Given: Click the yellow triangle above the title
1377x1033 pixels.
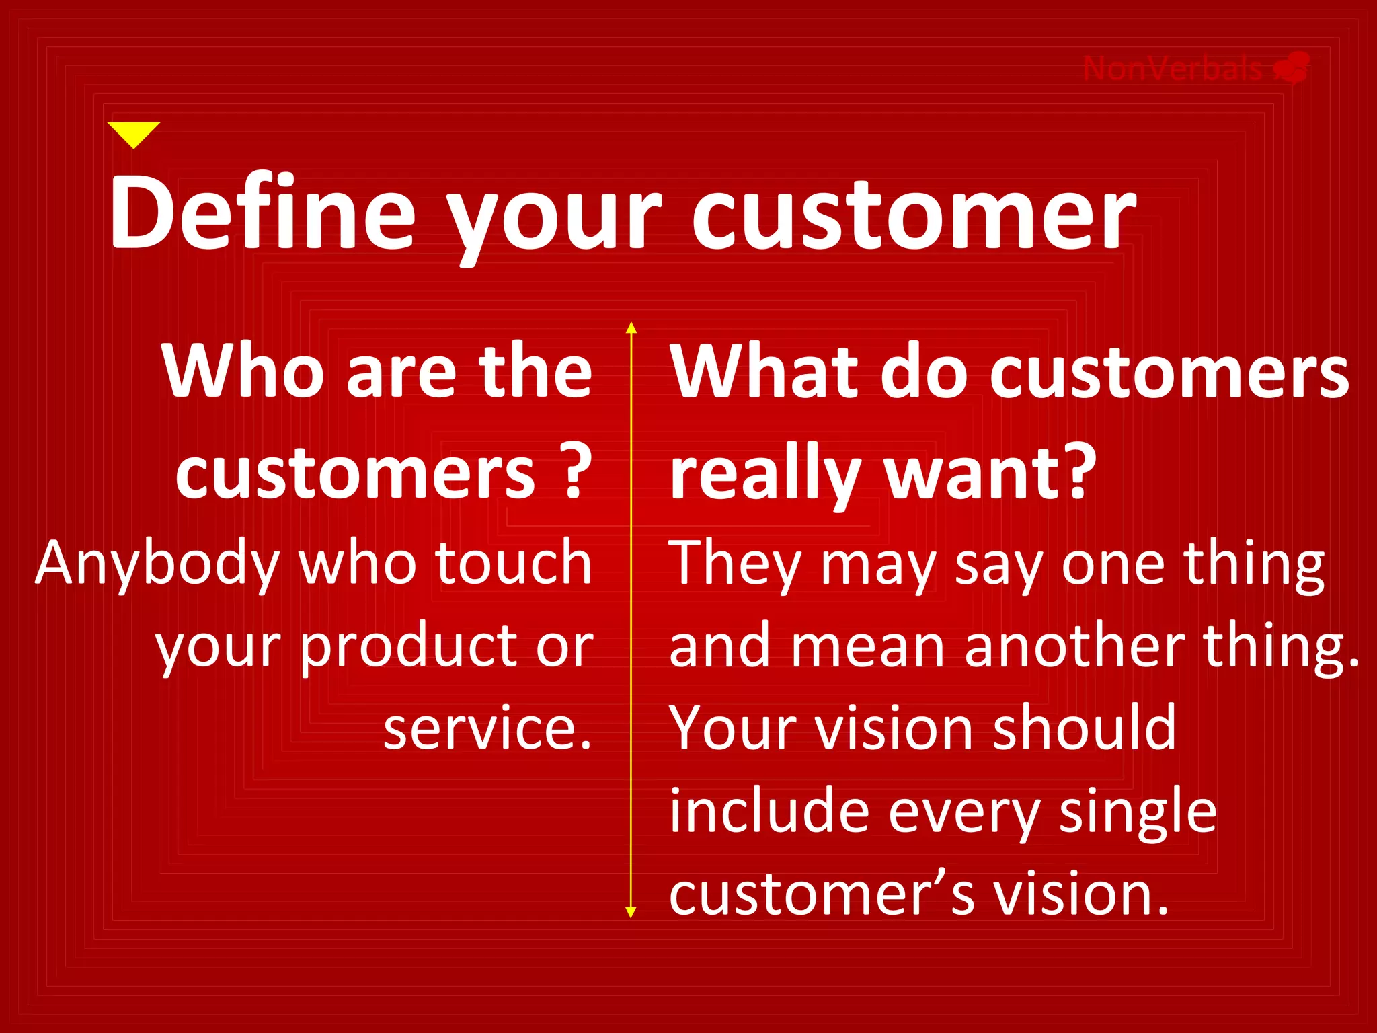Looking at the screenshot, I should coord(134,132).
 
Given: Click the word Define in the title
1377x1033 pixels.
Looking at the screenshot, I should coord(263,213).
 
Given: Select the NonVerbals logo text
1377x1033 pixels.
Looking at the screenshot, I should coord(1173,69).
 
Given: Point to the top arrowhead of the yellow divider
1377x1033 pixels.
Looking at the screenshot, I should coord(631,328).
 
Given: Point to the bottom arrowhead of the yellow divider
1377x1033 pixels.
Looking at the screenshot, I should coord(631,912).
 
